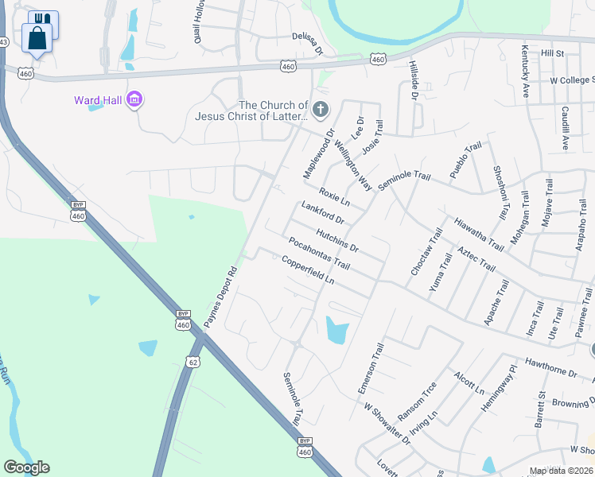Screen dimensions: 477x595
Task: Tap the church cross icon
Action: point(321,110)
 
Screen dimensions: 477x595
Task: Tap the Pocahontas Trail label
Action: point(320,254)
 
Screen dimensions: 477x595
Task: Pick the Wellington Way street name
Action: point(353,164)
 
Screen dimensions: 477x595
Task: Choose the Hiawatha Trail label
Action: point(479,234)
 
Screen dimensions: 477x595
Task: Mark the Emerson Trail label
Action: point(370,368)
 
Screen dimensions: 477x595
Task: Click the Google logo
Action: point(26,467)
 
